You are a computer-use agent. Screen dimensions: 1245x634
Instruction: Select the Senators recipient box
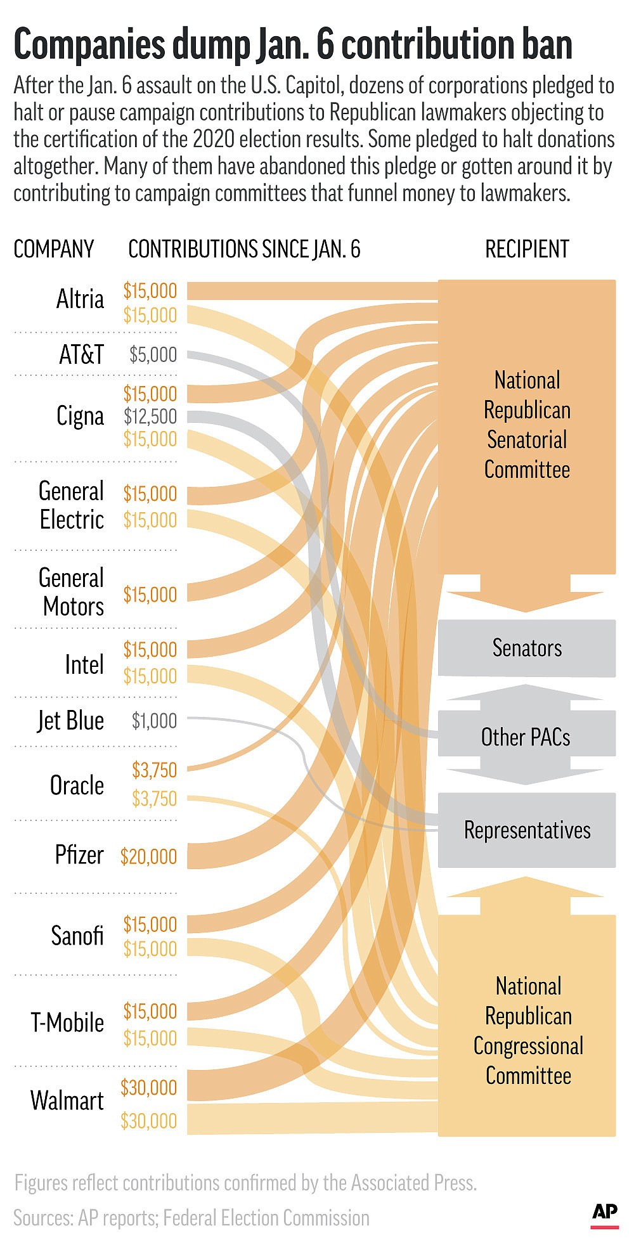pyautogui.click(x=527, y=648)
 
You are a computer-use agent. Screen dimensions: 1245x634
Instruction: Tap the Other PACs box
pyautogui.click(x=526, y=737)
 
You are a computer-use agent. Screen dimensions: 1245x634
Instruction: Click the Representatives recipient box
pyautogui.click(x=527, y=830)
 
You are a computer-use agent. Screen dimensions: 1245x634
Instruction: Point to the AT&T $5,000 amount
pyautogui.click(x=153, y=354)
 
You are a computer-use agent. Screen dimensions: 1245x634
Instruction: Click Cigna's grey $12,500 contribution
pyautogui.click(x=150, y=416)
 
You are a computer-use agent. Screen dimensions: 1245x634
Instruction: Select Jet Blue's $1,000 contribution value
pyautogui.click(x=154, y=720)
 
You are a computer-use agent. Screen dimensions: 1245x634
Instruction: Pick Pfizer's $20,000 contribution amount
pyautogui.click(x=149, y=856)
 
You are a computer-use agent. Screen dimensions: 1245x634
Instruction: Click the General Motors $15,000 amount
pyautogui.click(x=150, y=595)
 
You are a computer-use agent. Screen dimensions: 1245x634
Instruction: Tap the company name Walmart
pyautogui.click(x=67, y=1100)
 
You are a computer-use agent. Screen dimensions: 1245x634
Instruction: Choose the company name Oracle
pyautogui.click(x=77, y=785)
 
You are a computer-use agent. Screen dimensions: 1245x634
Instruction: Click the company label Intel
pyautogui.click(x=84, y=664)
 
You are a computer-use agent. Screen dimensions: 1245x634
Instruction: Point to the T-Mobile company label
pyautogui.click(x=67, y=1022)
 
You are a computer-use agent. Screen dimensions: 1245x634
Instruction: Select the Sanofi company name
pyautogui.click(x=77, y=936)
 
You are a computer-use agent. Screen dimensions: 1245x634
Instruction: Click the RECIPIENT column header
pyautogui.click(x=527, y=249)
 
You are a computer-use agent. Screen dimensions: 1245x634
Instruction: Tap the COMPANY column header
pyautogui.click(x=54, y=249)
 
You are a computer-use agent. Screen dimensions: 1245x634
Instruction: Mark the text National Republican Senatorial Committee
pyautogui.click(x=527, y=425)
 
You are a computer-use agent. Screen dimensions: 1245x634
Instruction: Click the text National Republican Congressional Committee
pyautogui.click(x=528, y=1031)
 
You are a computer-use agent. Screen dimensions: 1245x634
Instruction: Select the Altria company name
pyautogui.click(x=80, y=299)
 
